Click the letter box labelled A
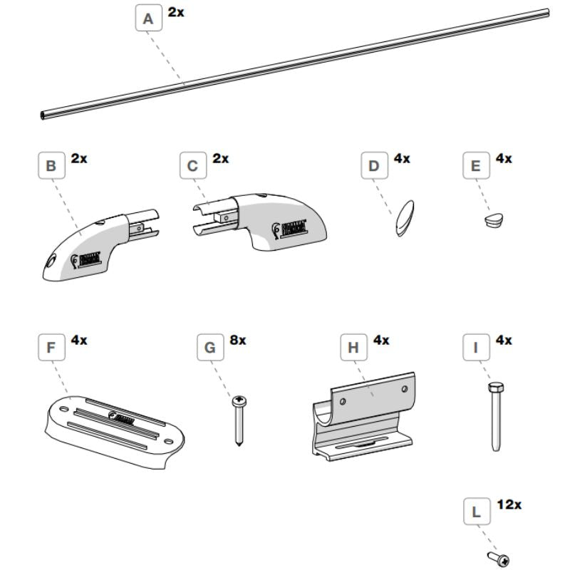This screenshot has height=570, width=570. [x=148, y=19]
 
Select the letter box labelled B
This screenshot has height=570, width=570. [x=51, y=167]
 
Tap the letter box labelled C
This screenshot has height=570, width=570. [x=192, y=167]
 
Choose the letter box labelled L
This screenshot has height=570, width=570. [x=475, y=512]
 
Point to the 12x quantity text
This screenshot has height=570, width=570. [x=509, y=504]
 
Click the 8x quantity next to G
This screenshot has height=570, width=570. [x=237, y=341]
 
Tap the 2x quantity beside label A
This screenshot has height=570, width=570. [x=175, y=12]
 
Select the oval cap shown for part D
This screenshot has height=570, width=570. [x=404, y=215]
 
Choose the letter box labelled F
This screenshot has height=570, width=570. [x=51, y=348]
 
